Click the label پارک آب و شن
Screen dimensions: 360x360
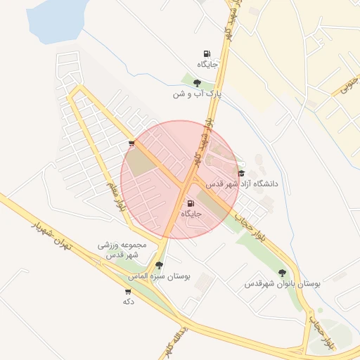(x=199, y=93)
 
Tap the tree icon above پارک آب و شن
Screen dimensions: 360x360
(x=197, y=83)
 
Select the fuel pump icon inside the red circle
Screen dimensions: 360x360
(x=191, y=203)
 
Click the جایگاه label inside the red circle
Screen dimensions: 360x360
(x=191, y=213)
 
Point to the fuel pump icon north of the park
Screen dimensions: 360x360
(x=207, y=54)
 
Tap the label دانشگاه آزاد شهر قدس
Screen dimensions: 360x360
(x=242, y=184)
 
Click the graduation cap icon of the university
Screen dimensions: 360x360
(x=242, y=174)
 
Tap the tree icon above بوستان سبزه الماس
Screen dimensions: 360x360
(x=159, y=266)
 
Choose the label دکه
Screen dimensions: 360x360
(x=128, y=301)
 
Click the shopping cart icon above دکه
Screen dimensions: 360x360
(x=128, y=291)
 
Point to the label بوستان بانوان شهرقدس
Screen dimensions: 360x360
(x=282, y=284)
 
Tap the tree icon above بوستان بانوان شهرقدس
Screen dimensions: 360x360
(x=282, y=273)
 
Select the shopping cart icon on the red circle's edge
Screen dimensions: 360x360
(x=131, y=143)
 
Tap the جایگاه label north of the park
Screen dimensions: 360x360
(x=207, y=65)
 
